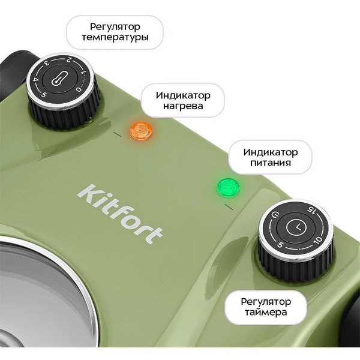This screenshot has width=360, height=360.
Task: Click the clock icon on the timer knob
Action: [297, 227]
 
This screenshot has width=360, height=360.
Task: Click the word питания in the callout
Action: [271, 162]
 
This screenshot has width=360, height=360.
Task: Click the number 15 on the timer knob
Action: [311, 209]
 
